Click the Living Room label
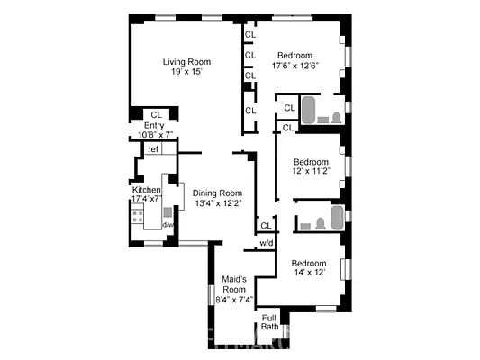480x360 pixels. (x=186, y=62)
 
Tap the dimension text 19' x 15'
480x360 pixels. (x=186, y=73)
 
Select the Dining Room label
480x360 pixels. (x=217, y=193)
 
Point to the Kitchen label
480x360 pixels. (x=146, y=191)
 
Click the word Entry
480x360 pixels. (x=154, y=125)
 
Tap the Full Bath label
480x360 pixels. (x=270, y=321)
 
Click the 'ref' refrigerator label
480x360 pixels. (x=153, y=149)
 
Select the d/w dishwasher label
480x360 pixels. (x=168, y=225)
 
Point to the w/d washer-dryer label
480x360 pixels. (x=267, y=244)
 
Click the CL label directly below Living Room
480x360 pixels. (x=156, y=114)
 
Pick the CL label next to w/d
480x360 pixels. (x=266, y=225)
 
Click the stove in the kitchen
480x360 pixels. (x=139, y=215)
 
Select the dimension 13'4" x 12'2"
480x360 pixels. (x=217, y=204)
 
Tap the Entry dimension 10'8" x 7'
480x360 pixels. (x=155, y=136)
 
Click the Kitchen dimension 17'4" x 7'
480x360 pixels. (x=146, y=199)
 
